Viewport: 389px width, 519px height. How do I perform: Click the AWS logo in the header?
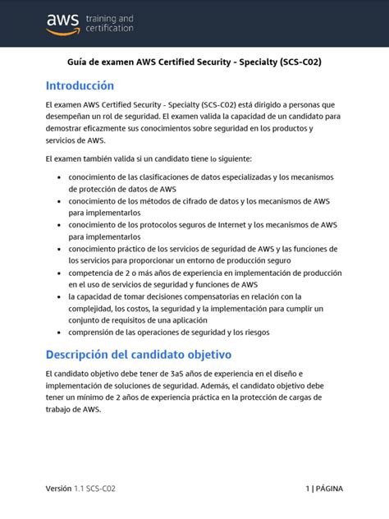(x=62, y=23)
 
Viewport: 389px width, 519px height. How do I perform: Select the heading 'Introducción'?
(x=80, y=85)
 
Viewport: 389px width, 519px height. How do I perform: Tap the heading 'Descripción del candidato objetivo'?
(x=139, y=354)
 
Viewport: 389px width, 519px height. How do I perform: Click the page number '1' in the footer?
(x=307, y=489)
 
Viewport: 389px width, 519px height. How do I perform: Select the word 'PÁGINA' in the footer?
(x=330, y=489)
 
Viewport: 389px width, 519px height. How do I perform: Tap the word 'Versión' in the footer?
(x=59, y=489)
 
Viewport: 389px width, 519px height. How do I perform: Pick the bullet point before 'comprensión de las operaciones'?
(x=56, y=333)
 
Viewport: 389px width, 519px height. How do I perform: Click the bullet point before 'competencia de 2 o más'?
(x=56, y=273)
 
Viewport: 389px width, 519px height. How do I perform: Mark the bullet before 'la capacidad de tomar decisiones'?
(x=56, y=296)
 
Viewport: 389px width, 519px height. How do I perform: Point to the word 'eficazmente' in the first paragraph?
(x=103, y=128)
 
